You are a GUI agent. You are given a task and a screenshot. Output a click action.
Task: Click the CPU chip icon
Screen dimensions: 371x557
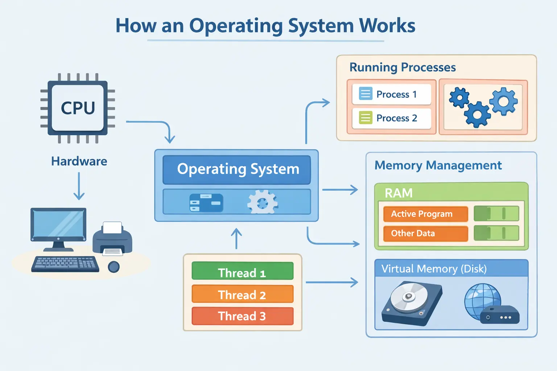[x=78, y=108]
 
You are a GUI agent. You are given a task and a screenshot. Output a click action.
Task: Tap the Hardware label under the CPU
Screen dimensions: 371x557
[x=79, y=161]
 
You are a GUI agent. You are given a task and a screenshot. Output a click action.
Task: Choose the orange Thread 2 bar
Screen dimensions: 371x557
[x=242, y=294]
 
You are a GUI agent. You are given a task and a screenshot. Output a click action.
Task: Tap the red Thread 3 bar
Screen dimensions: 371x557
[x=242, y=316]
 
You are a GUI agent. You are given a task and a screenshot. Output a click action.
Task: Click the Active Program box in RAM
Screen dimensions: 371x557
[x=425, y=214]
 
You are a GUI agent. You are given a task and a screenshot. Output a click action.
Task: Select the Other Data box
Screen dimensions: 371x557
[x=425, y=233]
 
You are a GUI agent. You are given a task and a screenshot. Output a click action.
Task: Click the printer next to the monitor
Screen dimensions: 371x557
[x=112, y=239]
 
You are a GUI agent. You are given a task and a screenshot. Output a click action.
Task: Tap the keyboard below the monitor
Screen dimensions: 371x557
[x=65, y=264]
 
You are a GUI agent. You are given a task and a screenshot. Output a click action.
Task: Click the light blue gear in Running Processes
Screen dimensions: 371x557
[x=504, y=101]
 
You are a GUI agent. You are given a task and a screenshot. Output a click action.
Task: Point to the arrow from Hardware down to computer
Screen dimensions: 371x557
[x=79, y=186]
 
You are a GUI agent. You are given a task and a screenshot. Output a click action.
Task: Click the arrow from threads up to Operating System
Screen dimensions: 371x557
[x=236, y=238]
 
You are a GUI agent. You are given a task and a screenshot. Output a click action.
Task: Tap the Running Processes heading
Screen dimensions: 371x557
[x=403, y=67]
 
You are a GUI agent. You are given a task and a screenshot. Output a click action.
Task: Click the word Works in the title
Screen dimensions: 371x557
[x=387, y=26]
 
